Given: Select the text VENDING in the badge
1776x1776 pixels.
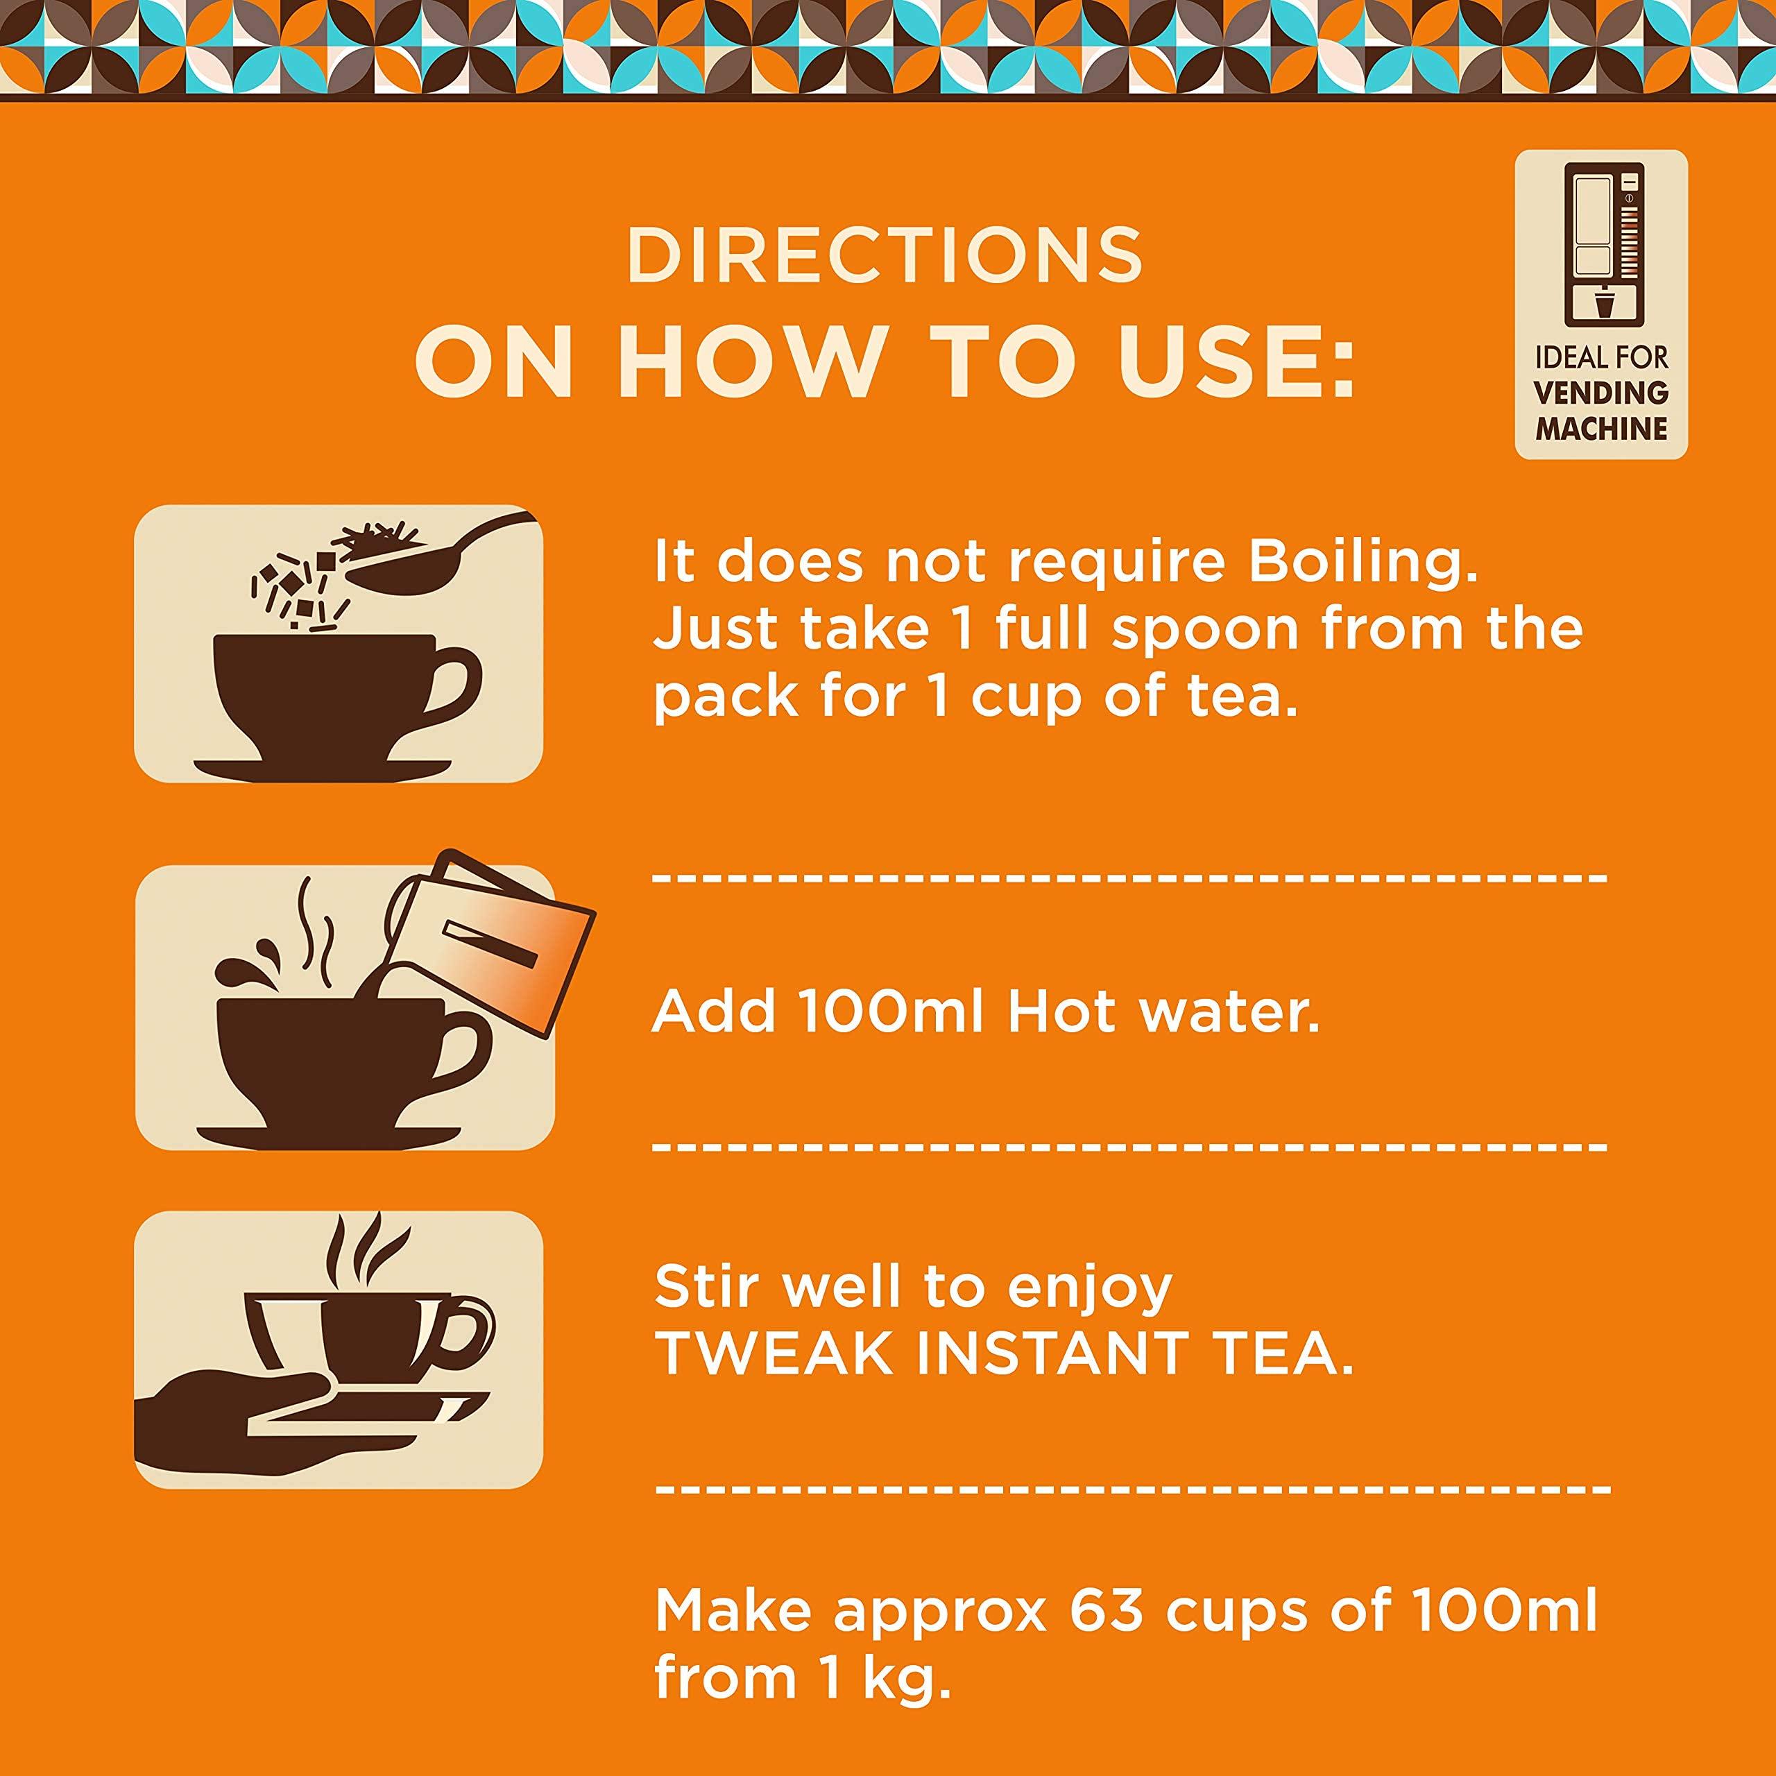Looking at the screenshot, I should pyautogui.click(x=1601, y=393).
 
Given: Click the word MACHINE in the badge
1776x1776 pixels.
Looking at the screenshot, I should pyautogui.click(x=1601, y=428).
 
